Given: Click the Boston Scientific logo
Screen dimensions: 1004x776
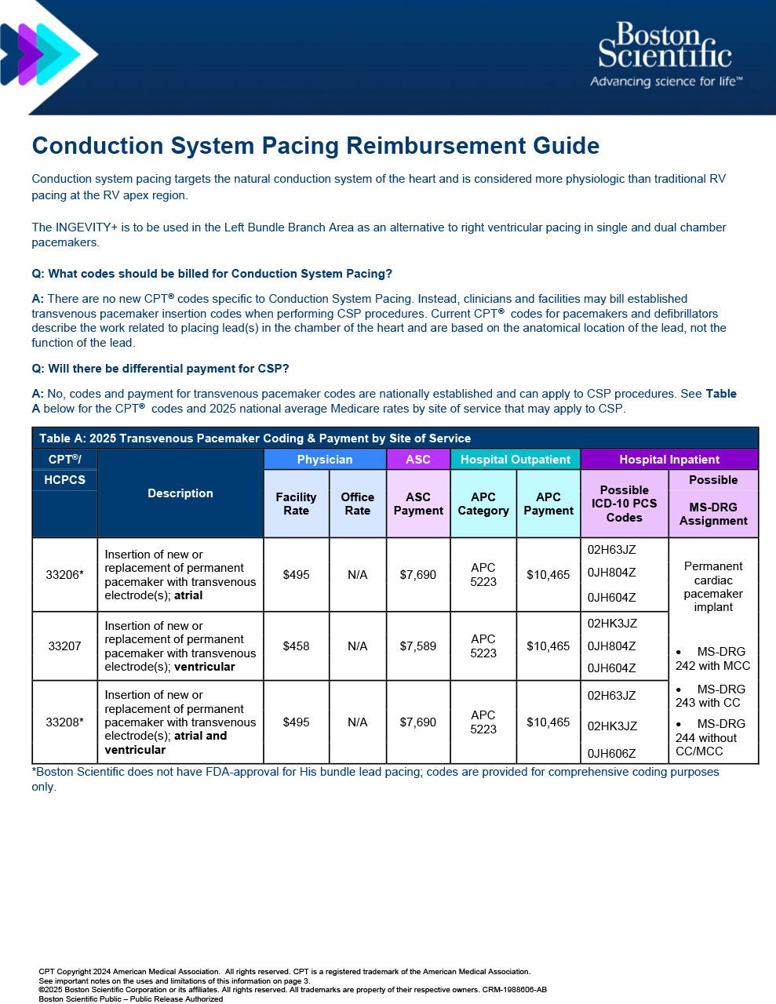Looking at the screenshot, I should pyautogui.click(x=665, y=55).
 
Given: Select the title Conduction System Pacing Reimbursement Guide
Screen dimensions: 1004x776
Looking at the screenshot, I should pyautogui.click(x=315, y=146).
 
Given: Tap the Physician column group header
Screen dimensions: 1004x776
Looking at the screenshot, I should pyautogui.click(x=325, y=460).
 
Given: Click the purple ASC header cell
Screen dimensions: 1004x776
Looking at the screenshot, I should pyautogui.click(x=418, y=460).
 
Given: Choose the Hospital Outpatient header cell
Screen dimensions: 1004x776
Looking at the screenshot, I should pyautogui.click(x=515, y=460).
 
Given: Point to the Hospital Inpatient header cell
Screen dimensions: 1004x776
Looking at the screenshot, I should pyautogui.click(x=669, y=460).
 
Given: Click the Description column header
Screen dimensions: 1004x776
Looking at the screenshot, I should pyautogui.click(x=180, y=493).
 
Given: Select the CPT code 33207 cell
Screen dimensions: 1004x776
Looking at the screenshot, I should pyautogui.click(x=64, y=646).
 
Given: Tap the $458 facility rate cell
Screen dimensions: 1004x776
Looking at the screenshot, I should pyautogui.click(x=296, y=646).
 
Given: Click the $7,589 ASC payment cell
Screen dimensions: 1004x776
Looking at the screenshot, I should pyautogui.click(x=418, y=646).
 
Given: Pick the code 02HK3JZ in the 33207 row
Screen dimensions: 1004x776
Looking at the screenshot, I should pyautogui.click(x=612, y=624).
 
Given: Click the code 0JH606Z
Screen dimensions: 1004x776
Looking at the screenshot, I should pyautogui.click(x=612, y=754).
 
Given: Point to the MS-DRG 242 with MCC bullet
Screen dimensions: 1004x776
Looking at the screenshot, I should pyautogui.click(x=712, y=659).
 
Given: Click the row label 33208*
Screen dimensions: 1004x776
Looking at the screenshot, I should pyautogui.click(x=64, y=722).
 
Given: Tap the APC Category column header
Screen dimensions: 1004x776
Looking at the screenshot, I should pyautogui.click(x=483, y=504).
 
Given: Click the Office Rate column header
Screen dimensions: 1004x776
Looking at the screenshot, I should pyautogui.click(x=357, y=504).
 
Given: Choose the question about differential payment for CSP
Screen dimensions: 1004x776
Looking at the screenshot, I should pyautogui.click(x=160, y=369).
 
